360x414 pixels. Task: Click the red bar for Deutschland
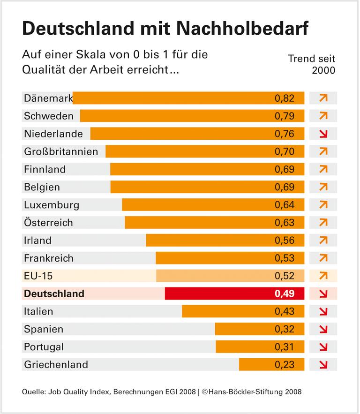(x=234, y=294)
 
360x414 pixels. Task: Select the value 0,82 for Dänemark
(x=285, y=98)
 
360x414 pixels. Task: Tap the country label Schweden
(x=49, y=116)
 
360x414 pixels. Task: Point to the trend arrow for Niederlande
(x=323, y=134)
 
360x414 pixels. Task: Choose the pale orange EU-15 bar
(x=230, y=276)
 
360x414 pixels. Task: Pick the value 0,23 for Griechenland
(x=285, y=364)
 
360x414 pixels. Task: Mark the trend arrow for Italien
(x=323, y=311)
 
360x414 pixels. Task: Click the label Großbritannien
(x=61, y=151)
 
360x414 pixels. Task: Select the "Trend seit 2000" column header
(x=312, y=65)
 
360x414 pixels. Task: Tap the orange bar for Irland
(x=225, y=240)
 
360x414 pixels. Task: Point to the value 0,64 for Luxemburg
(x=285, y=205)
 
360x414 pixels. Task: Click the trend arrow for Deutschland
(x=323, y=294)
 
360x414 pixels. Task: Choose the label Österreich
(x=49, y=223)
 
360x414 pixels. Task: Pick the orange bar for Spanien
(x=259, y=329)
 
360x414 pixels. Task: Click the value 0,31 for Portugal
(x=285, y=347)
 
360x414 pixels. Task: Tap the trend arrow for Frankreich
(x=323, y=258)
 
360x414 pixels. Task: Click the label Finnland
(x=45, y=169)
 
